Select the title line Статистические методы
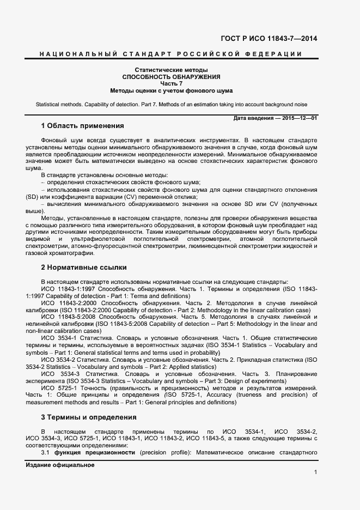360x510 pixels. point(170,70)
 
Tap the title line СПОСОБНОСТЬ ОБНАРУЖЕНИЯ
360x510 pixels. point(170,77)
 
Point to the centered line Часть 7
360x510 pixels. point(170,83)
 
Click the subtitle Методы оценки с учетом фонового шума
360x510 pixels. point(170,90)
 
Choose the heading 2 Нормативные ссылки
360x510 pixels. point(84,268)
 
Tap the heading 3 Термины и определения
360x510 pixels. point(89,417)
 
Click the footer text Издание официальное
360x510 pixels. point(60,465)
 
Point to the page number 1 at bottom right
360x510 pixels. point(315,472)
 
